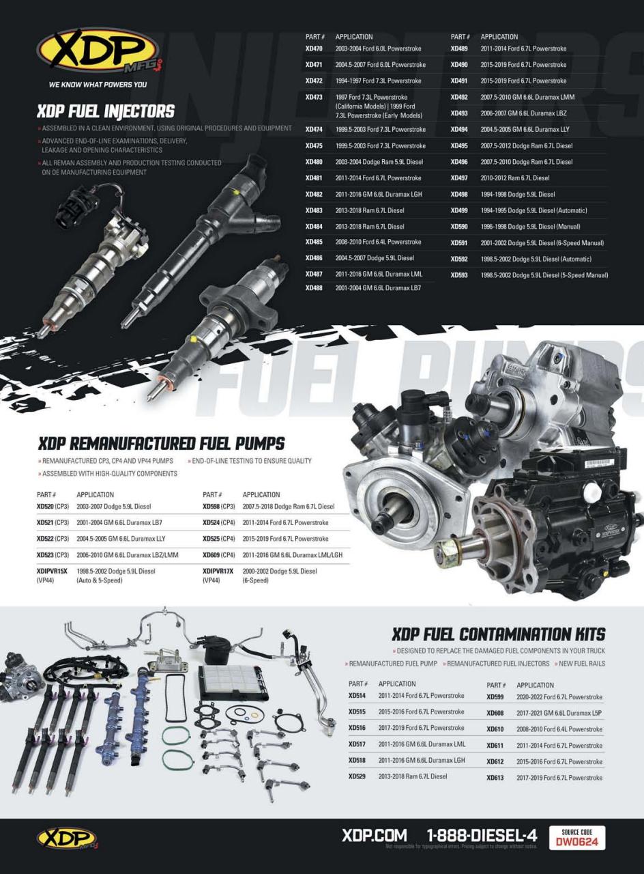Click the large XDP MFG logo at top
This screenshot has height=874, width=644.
coord(99,50)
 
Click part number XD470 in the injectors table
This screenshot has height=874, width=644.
coord(314,48)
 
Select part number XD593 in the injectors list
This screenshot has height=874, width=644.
coord(459,275)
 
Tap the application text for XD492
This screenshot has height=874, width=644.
coord(527,97)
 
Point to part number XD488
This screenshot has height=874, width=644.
coord(314,288)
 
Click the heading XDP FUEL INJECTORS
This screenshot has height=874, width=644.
coord(106,111)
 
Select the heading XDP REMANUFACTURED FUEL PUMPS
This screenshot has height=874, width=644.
coord(161,444)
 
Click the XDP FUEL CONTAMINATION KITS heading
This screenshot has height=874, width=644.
coord(499,634)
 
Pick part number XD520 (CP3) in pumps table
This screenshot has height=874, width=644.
coord(53,507)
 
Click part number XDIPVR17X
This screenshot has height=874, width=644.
coord(218,572)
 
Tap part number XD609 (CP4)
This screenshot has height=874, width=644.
coord(219,555)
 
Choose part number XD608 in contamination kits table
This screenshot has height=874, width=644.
coord(495,713)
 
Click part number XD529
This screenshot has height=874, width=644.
coord(357,776)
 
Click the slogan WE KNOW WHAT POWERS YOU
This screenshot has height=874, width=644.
coord(98,84)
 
